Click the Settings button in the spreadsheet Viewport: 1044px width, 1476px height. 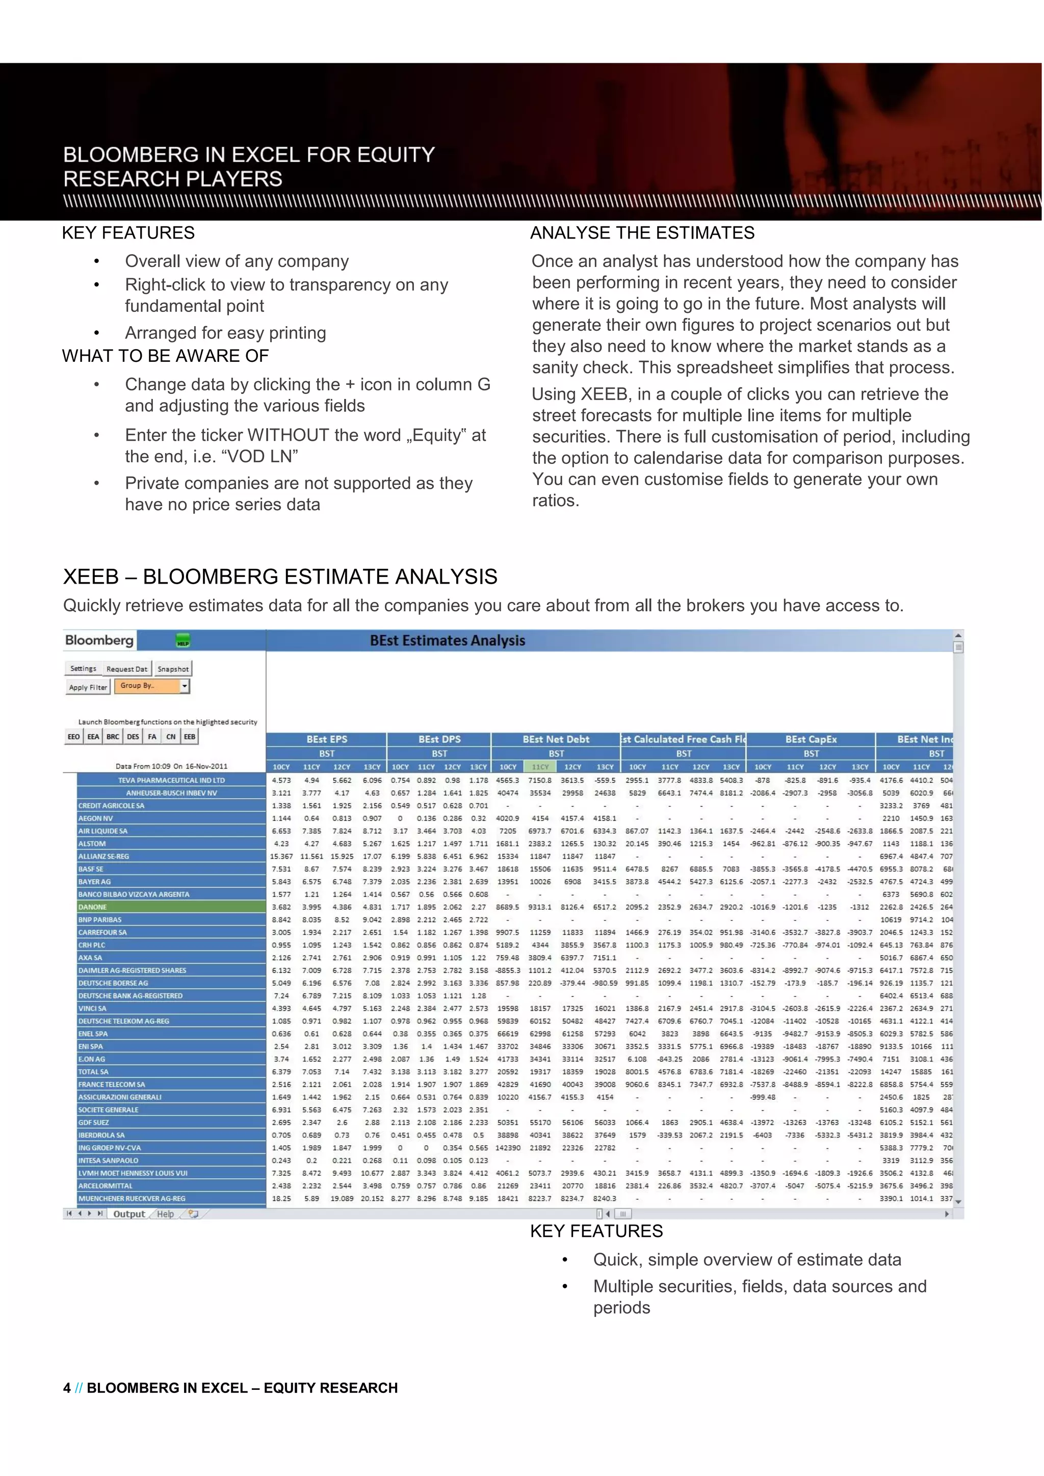[x=83, y=669]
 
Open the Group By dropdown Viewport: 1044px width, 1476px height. [x=185, y=686]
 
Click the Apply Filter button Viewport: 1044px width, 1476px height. [x=88, y=687]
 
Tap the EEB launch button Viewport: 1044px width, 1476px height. [x=190, y=736]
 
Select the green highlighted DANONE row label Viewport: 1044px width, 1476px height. [x=171, y=907]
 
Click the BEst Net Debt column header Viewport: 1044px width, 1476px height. [x=556, y=740]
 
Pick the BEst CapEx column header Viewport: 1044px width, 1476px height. [x=811, y=740]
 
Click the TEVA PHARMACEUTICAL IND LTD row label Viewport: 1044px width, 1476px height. [x=171, y=780]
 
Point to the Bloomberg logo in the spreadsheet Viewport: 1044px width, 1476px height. [x=99, y=640]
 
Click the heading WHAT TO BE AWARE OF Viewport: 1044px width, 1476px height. [x=165, y=356]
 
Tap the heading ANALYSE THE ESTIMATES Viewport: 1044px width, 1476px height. [x=642, y=233]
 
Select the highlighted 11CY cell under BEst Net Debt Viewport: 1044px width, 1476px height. [x=540, y=767]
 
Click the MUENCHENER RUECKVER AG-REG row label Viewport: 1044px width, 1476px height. [x=171, y=1198]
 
